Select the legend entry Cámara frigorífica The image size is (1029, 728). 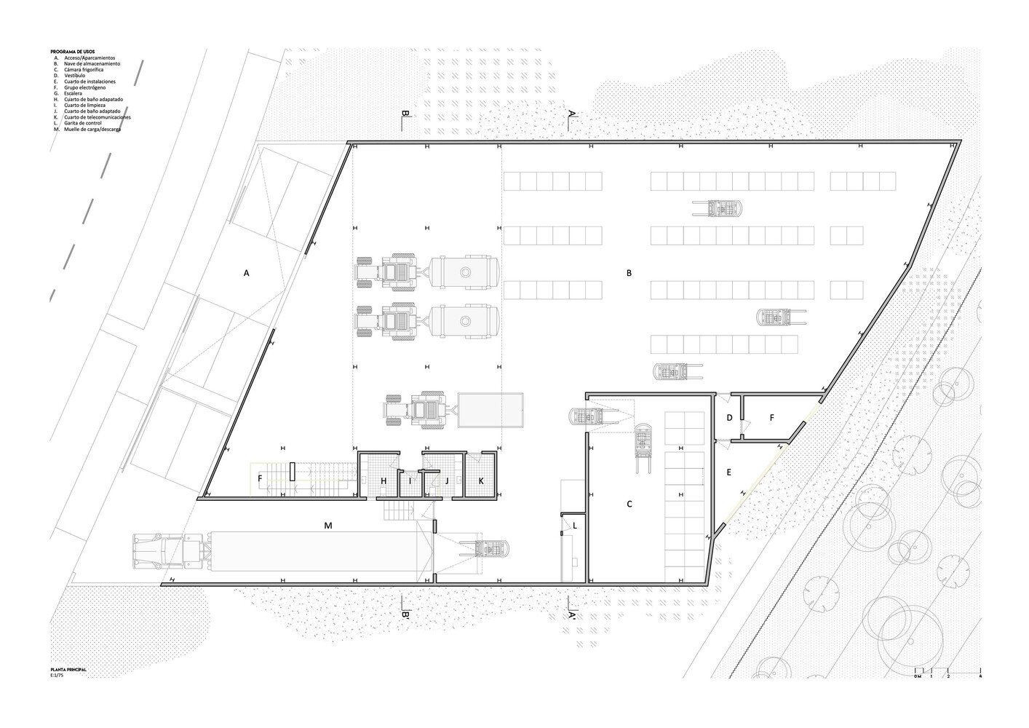[84, 70]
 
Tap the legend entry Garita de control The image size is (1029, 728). [82, 123]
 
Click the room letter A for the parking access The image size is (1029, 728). [247, 273]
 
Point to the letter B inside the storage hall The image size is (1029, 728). [629, 273]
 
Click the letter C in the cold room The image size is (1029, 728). [629, 504]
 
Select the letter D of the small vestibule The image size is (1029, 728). [730, 418]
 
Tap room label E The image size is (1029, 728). [728, 472]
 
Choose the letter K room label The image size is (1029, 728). [481, 480]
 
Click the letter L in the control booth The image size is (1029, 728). [575, 525]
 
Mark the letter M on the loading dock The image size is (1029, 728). [328, 524]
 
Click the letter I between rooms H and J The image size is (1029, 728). [410, 480]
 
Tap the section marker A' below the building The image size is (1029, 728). [572, 616]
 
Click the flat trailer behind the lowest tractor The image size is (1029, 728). [490, 411]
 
